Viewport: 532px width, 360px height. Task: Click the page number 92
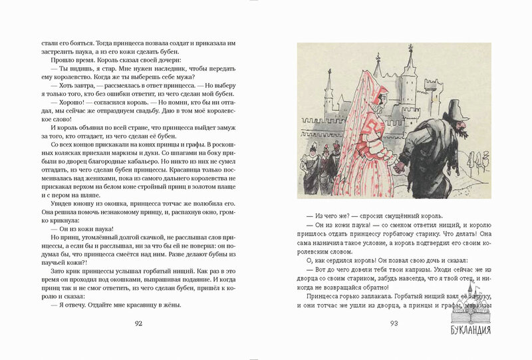point(138,324)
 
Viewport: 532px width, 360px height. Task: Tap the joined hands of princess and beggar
point(398,166)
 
